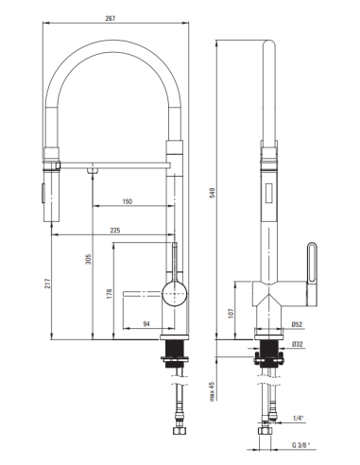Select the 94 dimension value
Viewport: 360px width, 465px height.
146,324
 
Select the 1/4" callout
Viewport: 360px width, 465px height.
299,416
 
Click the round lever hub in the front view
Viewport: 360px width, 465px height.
174,293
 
